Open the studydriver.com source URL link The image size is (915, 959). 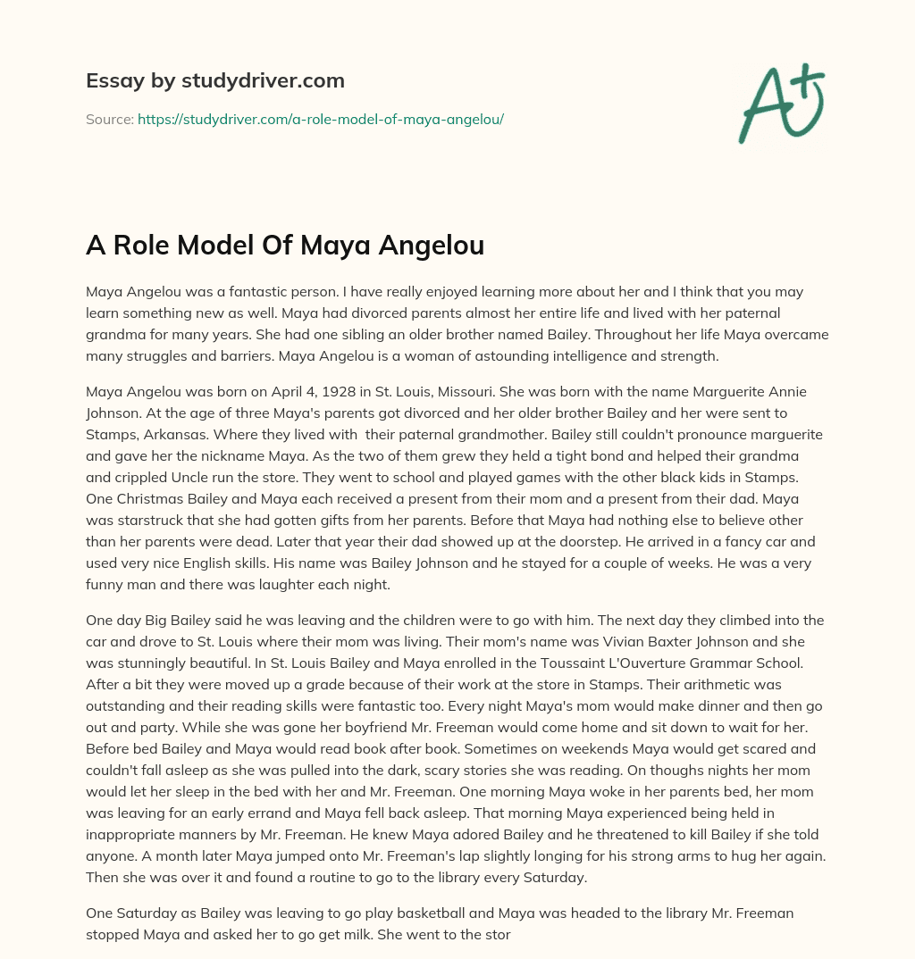(321, 119)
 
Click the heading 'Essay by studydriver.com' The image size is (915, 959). (214, 80)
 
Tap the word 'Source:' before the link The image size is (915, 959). (109, 119)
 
